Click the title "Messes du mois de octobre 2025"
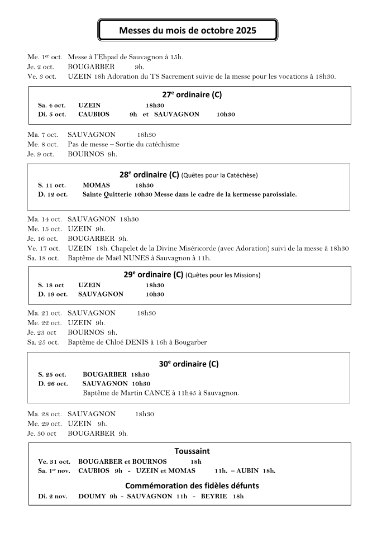click(x=188, y=30)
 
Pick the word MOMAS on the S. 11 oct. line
click(x=96, y=185)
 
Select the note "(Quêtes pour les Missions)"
click(x=223, y=275)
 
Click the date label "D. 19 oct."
click(x=53, y=294)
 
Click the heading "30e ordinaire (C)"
click(x=189, y=364)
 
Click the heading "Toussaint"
click(x=192, y=451)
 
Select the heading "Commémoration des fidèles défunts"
click(x=192, y=486)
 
